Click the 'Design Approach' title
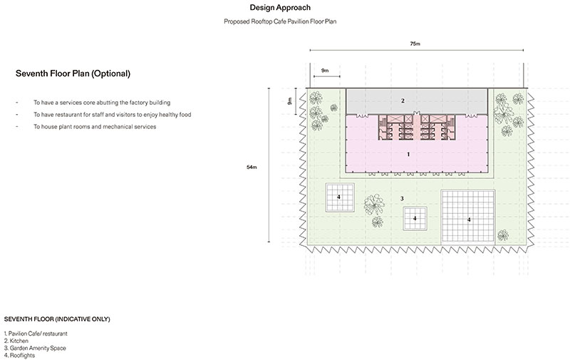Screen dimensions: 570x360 pos(280,8)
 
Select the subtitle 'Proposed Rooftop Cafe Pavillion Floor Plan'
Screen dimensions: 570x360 pos(280,21)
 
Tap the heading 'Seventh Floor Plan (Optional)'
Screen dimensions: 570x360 pos(73,73)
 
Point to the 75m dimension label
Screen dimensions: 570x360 pos(415,43)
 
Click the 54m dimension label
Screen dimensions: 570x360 pos(252,168)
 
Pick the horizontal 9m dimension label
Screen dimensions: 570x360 pos(325,71)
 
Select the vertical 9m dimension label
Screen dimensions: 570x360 pos(290,101)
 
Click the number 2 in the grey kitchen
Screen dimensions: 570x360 pos(403,101)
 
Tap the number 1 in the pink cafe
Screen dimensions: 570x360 pos(408,154)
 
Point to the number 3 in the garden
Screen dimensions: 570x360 pos(402,199)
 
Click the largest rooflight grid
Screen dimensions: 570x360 pos(468,217)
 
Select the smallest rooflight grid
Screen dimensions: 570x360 pos(415,218)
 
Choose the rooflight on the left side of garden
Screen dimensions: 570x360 pos(340,197)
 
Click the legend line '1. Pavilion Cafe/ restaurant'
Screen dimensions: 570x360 pos(36,334)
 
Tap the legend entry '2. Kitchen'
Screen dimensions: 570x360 pos(16,341)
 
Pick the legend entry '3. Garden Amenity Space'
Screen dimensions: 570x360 pos(35,348)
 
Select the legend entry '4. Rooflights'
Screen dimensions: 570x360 pos(19,355)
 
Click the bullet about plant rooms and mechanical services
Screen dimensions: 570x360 pos(95,127)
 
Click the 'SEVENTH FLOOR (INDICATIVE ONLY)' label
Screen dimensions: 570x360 pos(57,319)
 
